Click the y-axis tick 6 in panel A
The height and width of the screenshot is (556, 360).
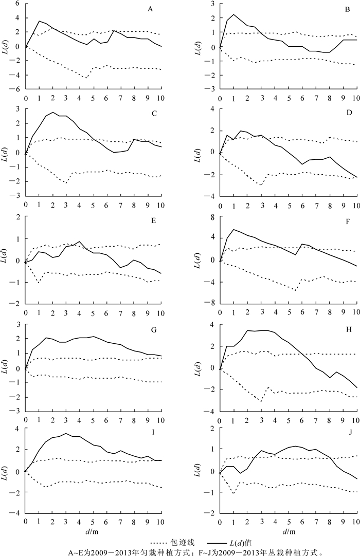coord(17,3)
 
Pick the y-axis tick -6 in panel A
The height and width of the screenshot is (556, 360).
coord(16,89)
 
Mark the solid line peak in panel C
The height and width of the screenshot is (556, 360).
coord(53,113)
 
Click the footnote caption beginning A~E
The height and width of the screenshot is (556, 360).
coord(180,551)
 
